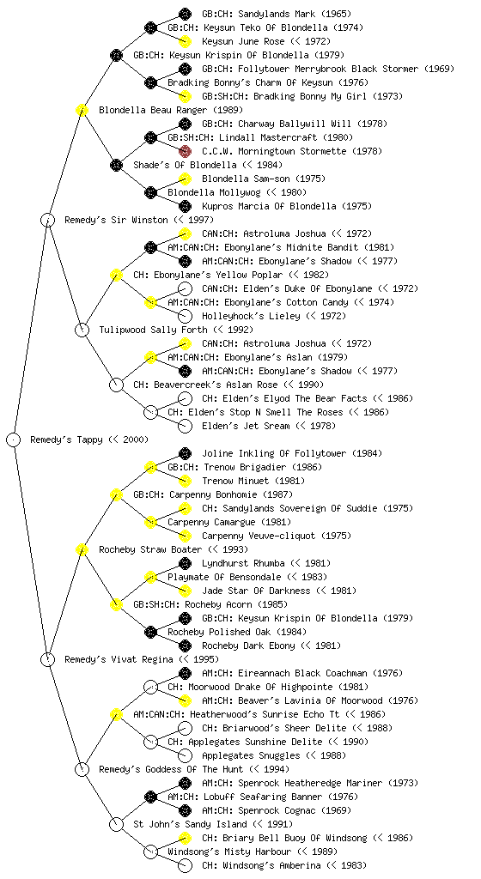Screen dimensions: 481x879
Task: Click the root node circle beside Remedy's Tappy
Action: (14, 439)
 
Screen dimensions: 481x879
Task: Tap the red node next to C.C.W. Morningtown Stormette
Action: (185, 151)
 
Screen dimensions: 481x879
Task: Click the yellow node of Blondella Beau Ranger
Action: (82, 110)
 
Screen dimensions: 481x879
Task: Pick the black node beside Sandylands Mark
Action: (185, 14)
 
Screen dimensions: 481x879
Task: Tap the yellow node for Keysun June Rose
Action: (185, 41)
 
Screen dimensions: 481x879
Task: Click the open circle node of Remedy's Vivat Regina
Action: (48, 659)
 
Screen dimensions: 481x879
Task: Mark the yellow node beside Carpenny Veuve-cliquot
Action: (185, 536)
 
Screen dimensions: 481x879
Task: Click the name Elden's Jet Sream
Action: (246, 426)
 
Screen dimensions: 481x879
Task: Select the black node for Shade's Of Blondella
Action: (116, 165)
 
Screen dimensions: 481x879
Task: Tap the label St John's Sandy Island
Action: (190, 824)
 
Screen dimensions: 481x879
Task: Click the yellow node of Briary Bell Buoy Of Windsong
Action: (185, 838)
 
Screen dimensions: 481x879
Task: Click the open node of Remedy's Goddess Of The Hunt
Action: (82, 769)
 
